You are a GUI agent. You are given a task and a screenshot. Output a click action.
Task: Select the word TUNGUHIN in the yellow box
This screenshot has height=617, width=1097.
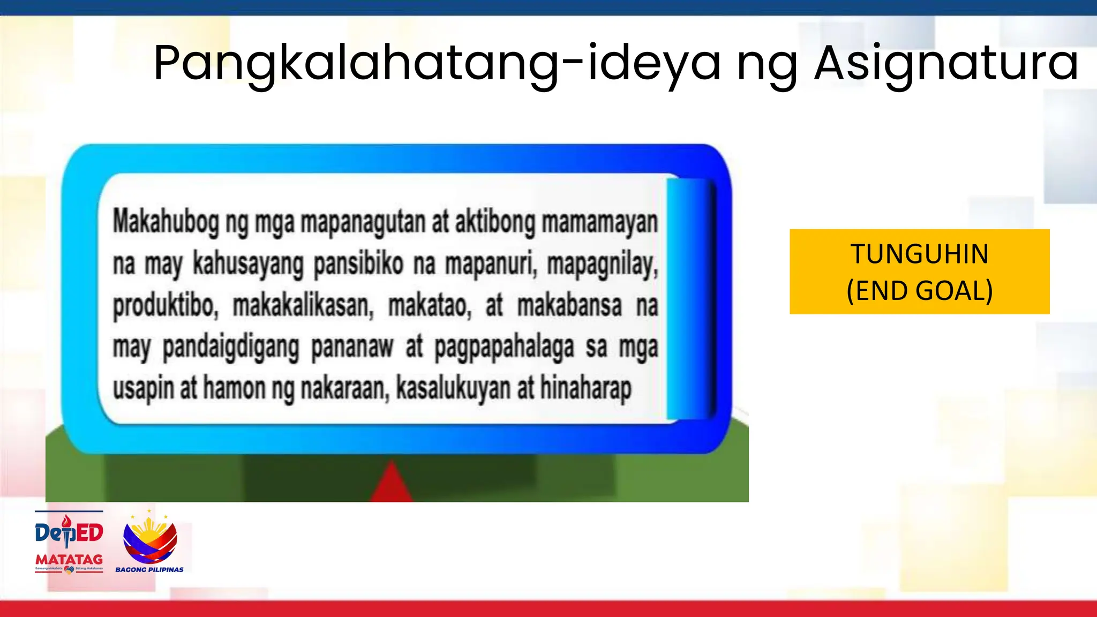919,254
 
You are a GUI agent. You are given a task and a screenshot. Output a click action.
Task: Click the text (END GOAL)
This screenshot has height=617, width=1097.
919,291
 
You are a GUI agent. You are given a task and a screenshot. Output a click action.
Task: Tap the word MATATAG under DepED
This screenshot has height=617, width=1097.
69,559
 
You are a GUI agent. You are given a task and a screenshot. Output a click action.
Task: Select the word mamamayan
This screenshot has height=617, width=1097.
599,222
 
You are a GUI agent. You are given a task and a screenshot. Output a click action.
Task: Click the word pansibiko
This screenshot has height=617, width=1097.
358,264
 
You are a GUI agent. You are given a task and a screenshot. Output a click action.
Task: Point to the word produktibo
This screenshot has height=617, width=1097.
165,306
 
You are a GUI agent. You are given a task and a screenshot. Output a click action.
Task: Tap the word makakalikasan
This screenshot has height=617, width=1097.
303,306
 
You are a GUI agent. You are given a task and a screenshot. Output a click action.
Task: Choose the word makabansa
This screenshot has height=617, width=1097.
569,306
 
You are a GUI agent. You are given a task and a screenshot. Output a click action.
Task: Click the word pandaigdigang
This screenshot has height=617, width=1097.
230,348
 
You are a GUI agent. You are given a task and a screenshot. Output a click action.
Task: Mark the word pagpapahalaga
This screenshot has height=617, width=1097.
504,348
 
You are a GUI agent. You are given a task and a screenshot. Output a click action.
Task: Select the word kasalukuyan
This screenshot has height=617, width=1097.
453,388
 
